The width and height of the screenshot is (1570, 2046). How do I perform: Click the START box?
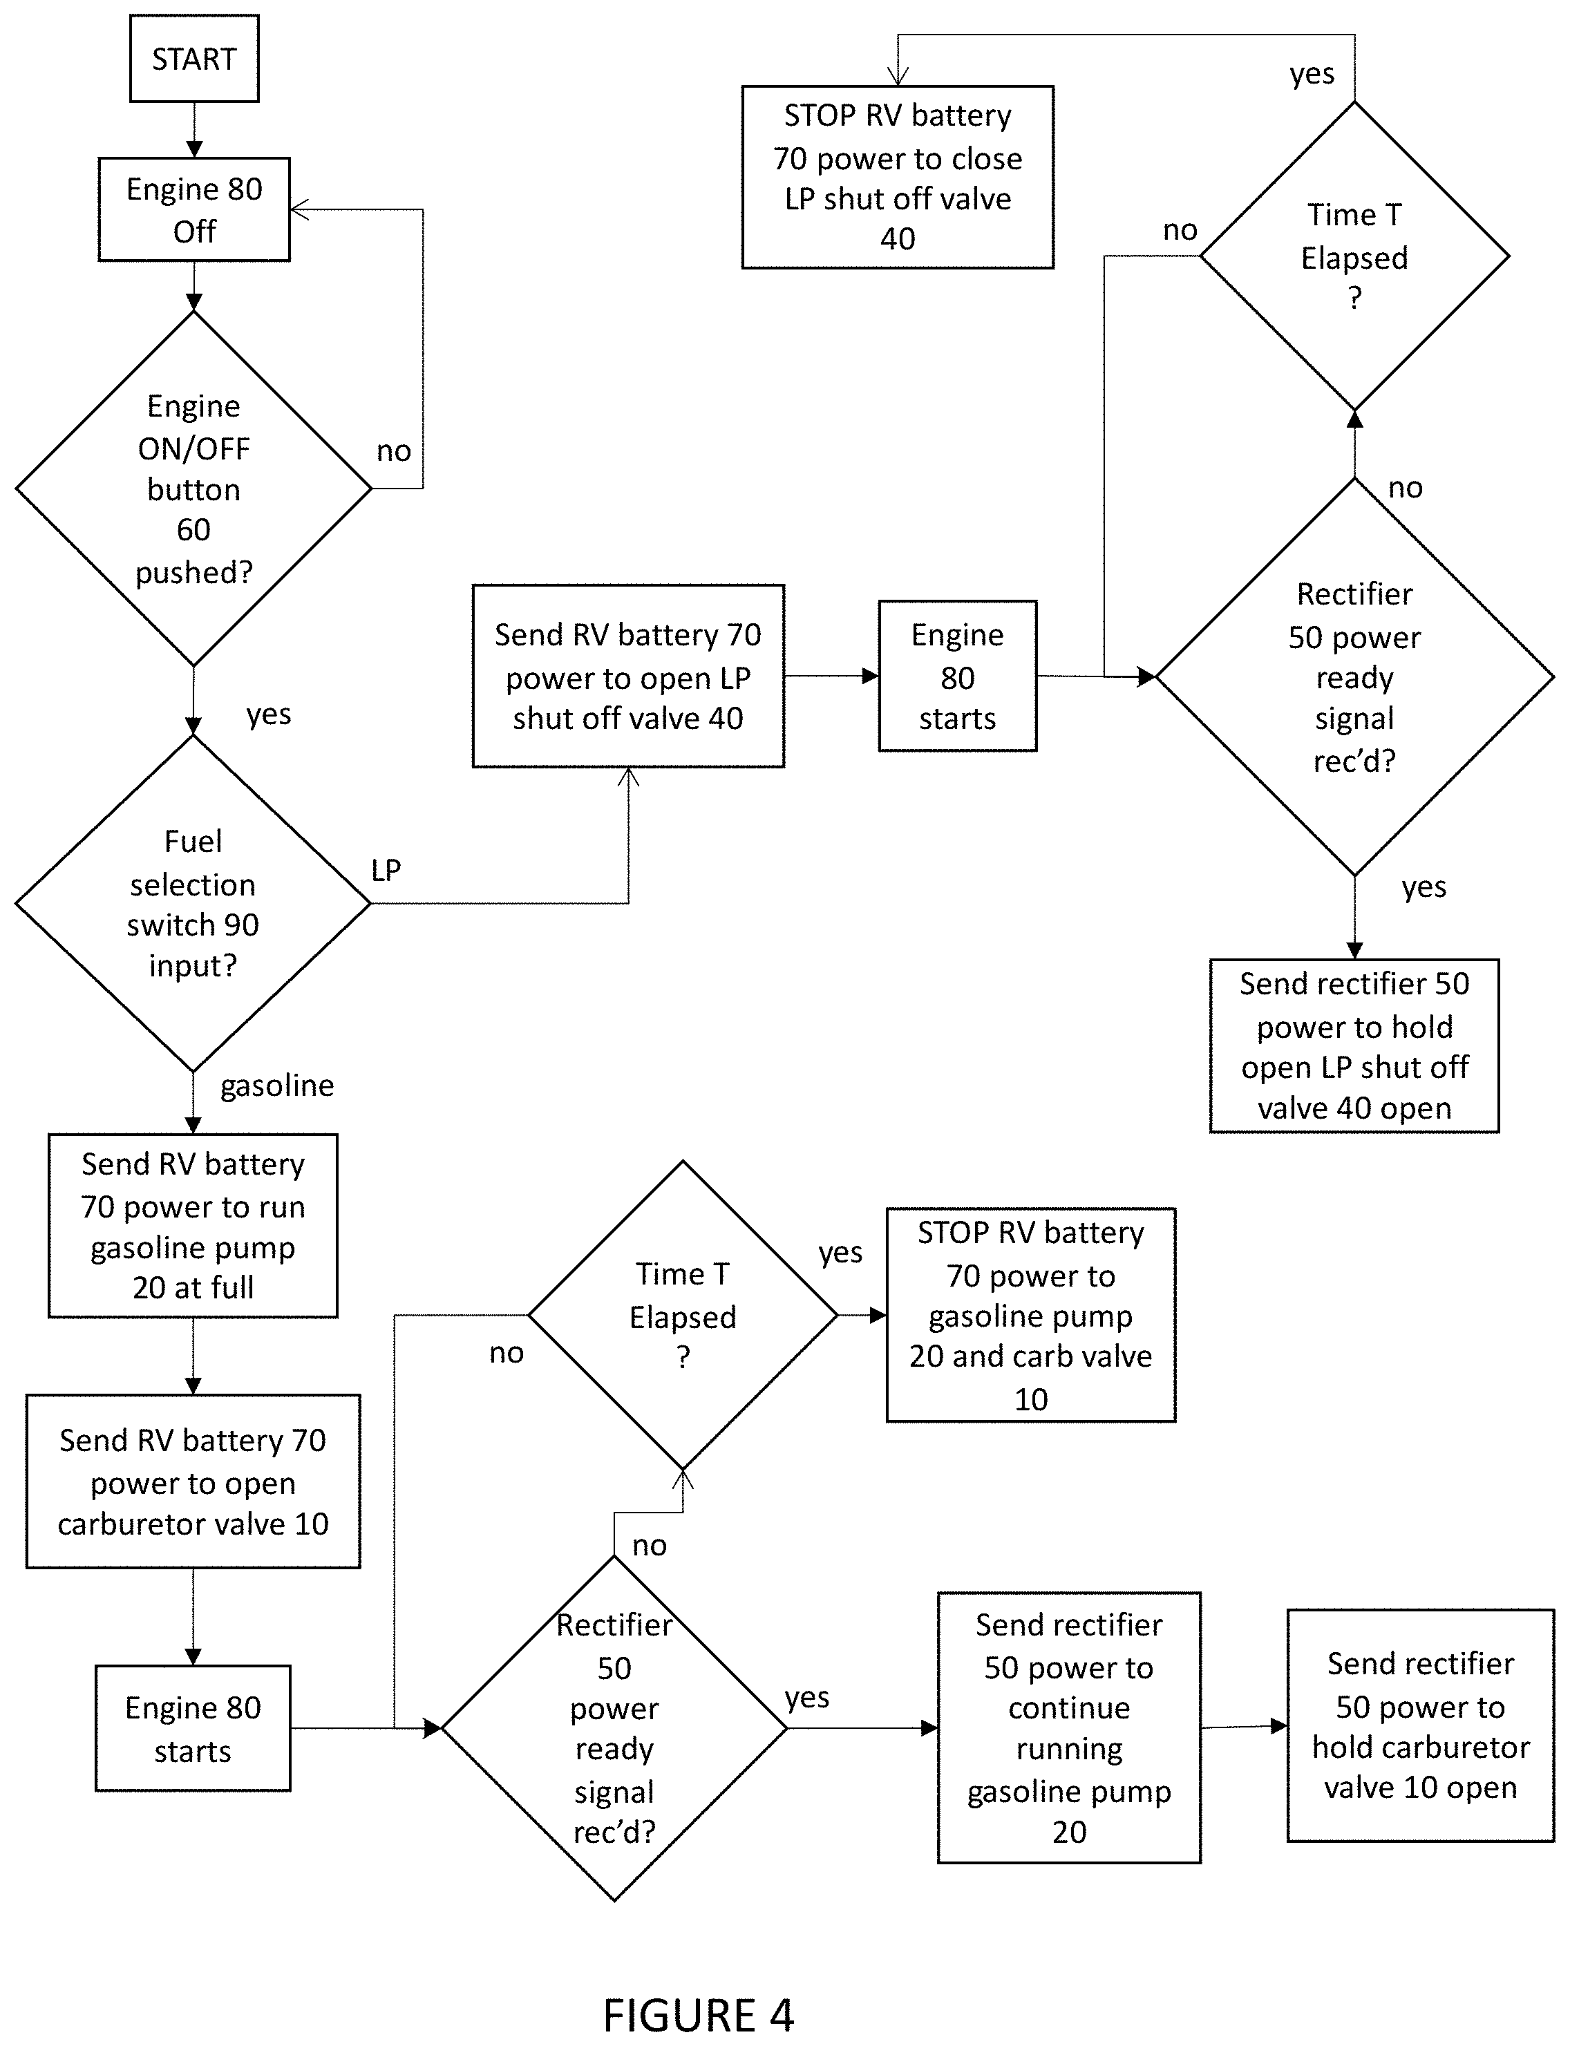pyautogui.click(x=193, y=58)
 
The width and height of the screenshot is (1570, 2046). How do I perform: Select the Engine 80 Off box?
pyautogui.click(x=193, y=209)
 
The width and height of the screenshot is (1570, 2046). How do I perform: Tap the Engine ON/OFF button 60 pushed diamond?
pyautogui.click(x=193, y=488)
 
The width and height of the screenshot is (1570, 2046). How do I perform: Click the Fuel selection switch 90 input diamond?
pyautogui.click(x=193, y=903)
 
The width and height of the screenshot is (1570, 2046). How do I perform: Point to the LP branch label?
pyautogui.click(x=386, y=870)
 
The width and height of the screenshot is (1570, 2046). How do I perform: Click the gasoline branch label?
pyautogui.click(x=276, y=1086)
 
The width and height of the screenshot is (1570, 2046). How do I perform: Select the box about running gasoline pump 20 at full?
pyautogui.click(x=193, y=1226)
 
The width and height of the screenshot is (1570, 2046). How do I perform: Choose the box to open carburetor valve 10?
pyautogui.click(x=193, y=1481)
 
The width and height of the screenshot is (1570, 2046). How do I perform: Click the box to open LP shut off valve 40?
pyautogui.click(x=628, y=676)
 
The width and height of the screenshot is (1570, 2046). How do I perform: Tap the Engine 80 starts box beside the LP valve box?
pyautogui.click(x=958, y=676)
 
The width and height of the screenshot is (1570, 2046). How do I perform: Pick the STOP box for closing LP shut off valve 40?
pyautogui.click(x=898, y=178)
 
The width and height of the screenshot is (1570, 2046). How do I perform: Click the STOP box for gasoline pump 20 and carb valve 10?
pyautogui.click(x=1031, y=1316)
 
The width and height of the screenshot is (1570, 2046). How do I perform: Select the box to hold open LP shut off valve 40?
pyautogui.click(x=1354, y=1046)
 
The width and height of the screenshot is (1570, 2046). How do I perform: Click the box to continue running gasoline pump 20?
pyautogui.click(x=1069, y=1728)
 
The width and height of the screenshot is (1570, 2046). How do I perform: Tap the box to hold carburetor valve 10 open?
pyautogui.click(x=1421, y=1725)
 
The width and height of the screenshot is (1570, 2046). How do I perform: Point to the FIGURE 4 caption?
pyautogui.click(x=698, y=2015)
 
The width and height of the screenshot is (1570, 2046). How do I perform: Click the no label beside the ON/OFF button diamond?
pyautogui.click(x=393, y=451)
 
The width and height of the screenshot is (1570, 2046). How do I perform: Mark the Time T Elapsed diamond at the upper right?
pyautogui.click(x=1354, y=255)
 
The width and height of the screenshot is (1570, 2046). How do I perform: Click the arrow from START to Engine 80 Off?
pyautogui.click(x=193, y=130)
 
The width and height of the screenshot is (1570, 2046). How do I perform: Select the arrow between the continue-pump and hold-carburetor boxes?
pyautogui.click(x=1245, y=1727)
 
